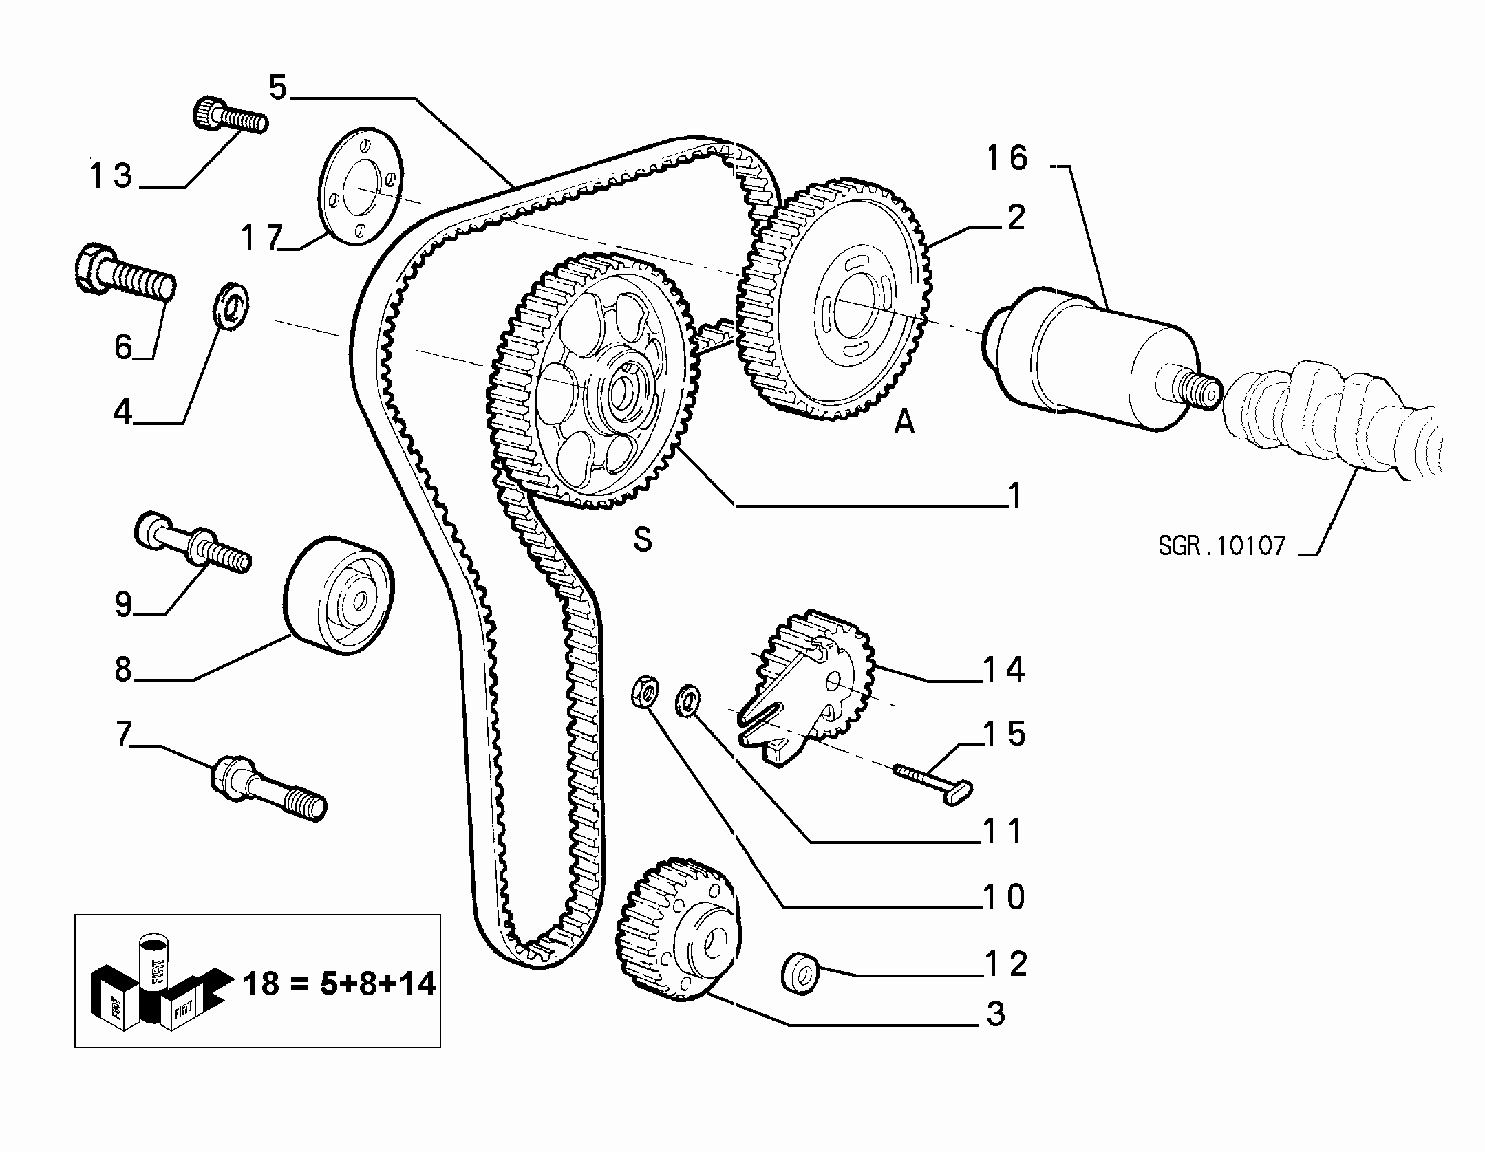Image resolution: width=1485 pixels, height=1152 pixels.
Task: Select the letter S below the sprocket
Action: coord(643,540)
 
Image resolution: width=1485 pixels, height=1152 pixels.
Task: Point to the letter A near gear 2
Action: coord(904,421)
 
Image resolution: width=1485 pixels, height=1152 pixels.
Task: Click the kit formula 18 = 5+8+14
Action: coord(340,983)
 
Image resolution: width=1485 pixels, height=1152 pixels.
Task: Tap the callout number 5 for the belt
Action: coord(277,88)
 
